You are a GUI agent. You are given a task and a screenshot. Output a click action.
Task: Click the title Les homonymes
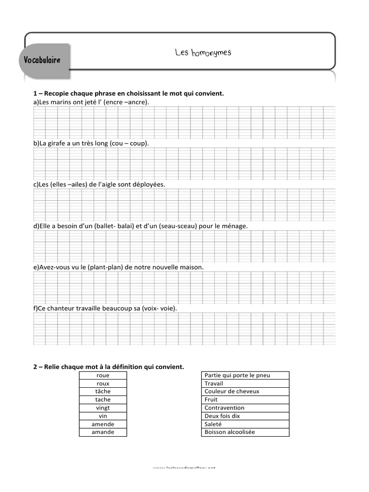click(x=203, y=52)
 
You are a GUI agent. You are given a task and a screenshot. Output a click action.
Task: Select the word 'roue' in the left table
click(x=103, y=375)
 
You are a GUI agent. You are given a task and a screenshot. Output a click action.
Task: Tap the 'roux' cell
click(x=103, y=383)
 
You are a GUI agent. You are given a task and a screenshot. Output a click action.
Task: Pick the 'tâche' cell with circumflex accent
click(x=103, y=392)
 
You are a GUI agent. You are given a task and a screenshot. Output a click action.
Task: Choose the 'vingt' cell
click(x=103, y=408)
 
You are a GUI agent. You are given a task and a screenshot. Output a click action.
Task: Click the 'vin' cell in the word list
click(x=103, y=416)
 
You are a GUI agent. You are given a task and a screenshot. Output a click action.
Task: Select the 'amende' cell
click(x=103, y=424)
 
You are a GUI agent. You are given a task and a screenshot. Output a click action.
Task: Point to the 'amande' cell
click(x=103, y=432)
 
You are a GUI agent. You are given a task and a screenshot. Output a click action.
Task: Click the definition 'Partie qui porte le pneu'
click(x=237, y=375)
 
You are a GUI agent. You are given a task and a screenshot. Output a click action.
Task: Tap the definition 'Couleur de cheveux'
click(x=232, y=392)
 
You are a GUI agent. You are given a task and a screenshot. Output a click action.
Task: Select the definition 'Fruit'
click(x=211, y=400)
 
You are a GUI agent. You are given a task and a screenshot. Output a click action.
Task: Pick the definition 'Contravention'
click(x=224, y=408)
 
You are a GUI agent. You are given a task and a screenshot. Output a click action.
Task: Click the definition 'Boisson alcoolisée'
click(x=230, y=432)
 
